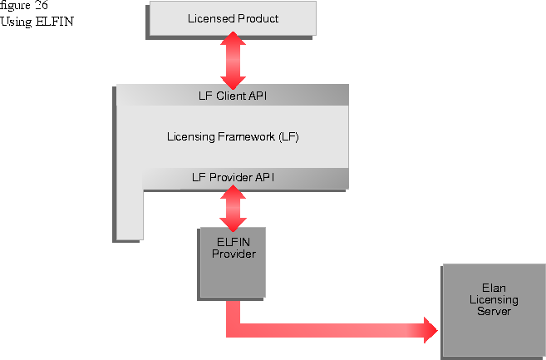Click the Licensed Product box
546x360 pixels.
tap(232, 18)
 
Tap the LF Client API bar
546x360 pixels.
tap(232, 96)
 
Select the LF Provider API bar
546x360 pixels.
tap(244, 177)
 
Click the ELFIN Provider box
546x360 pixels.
tap(232, 262)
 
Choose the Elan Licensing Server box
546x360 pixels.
tap(494, 308)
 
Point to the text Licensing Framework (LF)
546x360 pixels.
tap(232, 136)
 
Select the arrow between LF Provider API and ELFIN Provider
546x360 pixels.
tap(232, 207)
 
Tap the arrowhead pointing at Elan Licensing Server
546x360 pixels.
tap(430, 329)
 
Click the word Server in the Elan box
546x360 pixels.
tap(494, 311)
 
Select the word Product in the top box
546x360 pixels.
tap(256, 18)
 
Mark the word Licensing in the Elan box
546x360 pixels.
tap(494, 299)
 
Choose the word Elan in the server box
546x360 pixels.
tap(494, 288)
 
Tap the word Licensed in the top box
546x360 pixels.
tap(209, 18)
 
